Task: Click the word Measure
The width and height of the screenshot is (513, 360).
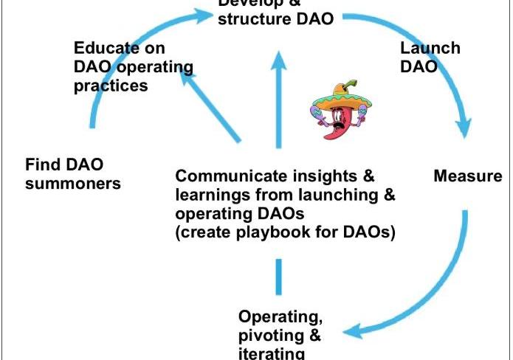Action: [x=468, y=176]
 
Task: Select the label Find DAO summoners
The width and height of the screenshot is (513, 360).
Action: [x=72, y=173]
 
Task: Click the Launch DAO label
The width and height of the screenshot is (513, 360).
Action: [x=430, y=58]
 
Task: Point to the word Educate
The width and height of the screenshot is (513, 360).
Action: [x=107, y=49]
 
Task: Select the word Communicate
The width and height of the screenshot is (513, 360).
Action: [x=235, y=176]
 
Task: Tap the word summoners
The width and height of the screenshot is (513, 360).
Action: [x=72, y=184]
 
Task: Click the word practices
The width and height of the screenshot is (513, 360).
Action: [x=111, y=86]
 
